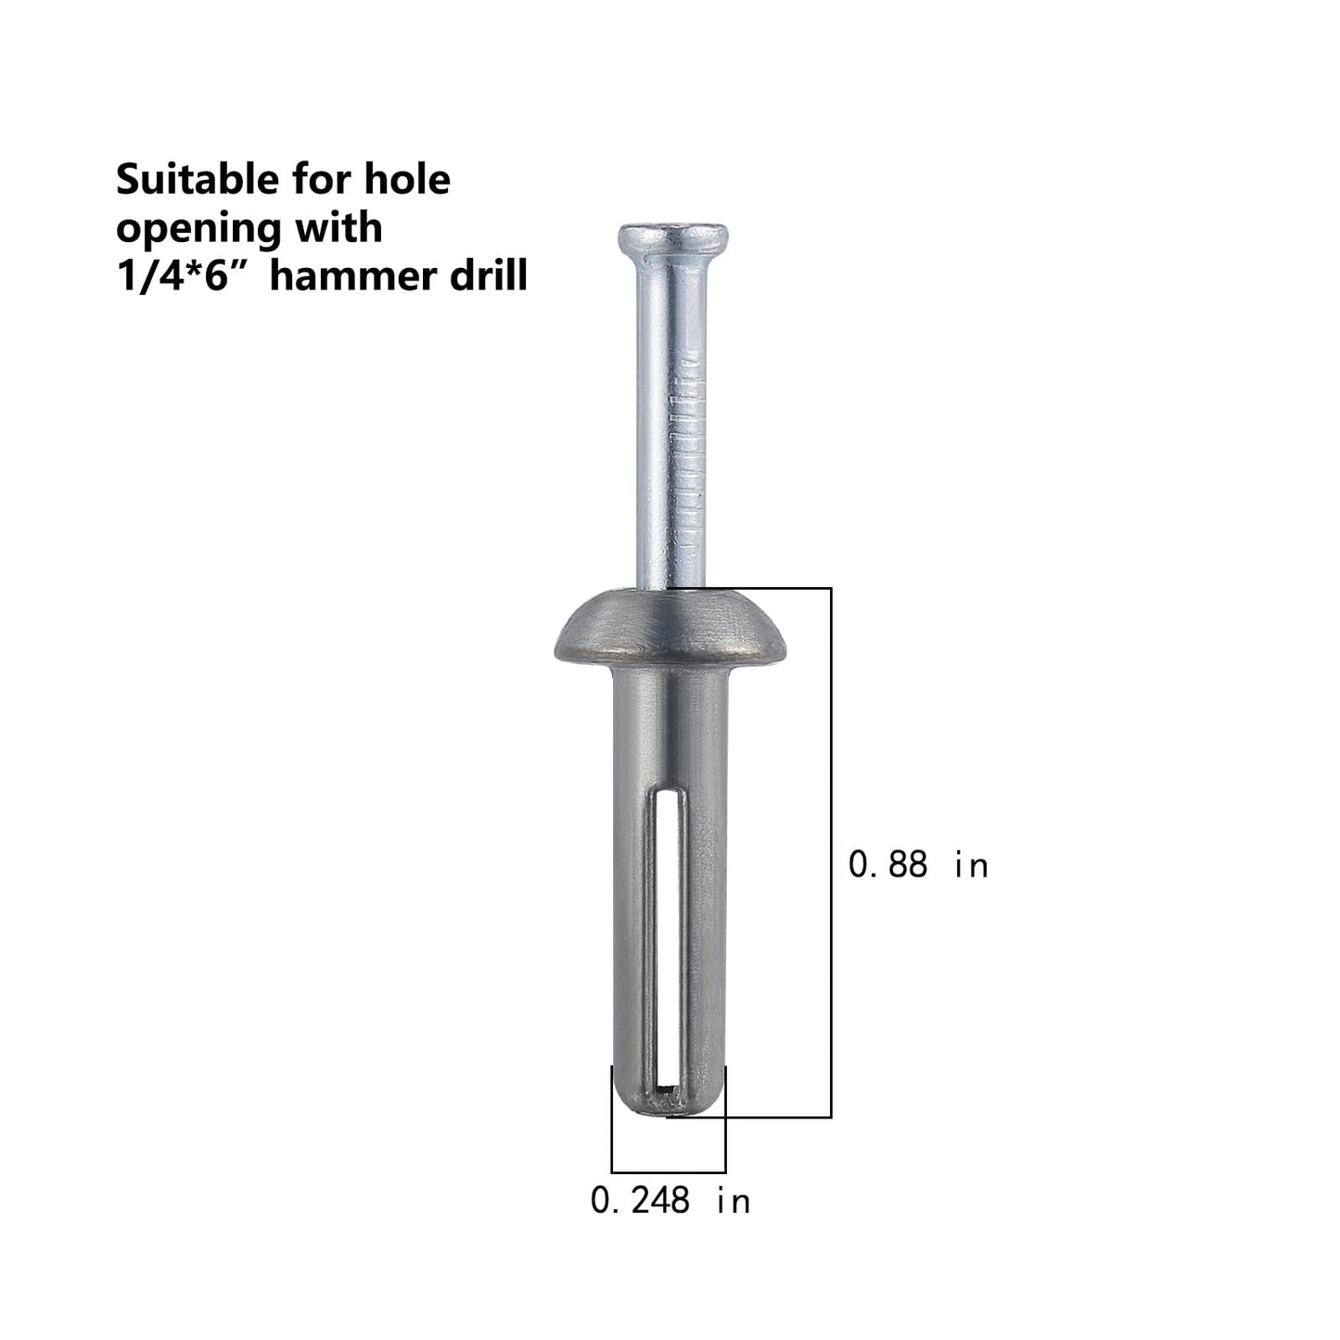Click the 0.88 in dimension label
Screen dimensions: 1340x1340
918,864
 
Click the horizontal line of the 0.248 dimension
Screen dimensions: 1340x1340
669,1172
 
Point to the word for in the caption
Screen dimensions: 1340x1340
321,179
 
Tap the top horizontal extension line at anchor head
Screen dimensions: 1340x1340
770,588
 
